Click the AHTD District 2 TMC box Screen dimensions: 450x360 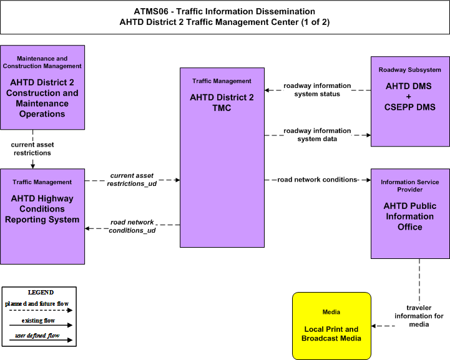point(222,157)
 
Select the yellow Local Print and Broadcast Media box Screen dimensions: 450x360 point(332,326)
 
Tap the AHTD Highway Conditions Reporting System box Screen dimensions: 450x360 point(42,216)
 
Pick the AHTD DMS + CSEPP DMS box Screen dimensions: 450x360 point(410,101)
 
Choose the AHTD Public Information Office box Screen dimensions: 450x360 point(410,214)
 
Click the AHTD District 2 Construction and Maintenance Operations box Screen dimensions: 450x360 point(42,87)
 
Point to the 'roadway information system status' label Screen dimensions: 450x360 point(317,90)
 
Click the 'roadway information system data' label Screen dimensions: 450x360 point(317,135)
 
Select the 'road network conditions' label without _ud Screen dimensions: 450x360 point(317,180)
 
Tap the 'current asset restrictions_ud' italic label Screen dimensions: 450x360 point(132,180)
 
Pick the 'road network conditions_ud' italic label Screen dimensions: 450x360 point(132,226)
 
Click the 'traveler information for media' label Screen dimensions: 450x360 point(419,316)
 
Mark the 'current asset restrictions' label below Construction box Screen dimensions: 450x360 point(32,148)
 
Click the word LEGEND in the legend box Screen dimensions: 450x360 point(41,292)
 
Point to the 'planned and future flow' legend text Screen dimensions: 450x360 point(37,303)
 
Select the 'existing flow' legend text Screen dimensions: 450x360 point(38,321)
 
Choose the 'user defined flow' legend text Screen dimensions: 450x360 point(37,335)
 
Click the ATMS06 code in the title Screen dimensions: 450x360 point(151,11)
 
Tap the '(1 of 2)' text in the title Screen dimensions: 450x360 point(315,22)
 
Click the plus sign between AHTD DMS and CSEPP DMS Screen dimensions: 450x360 point(409,97)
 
